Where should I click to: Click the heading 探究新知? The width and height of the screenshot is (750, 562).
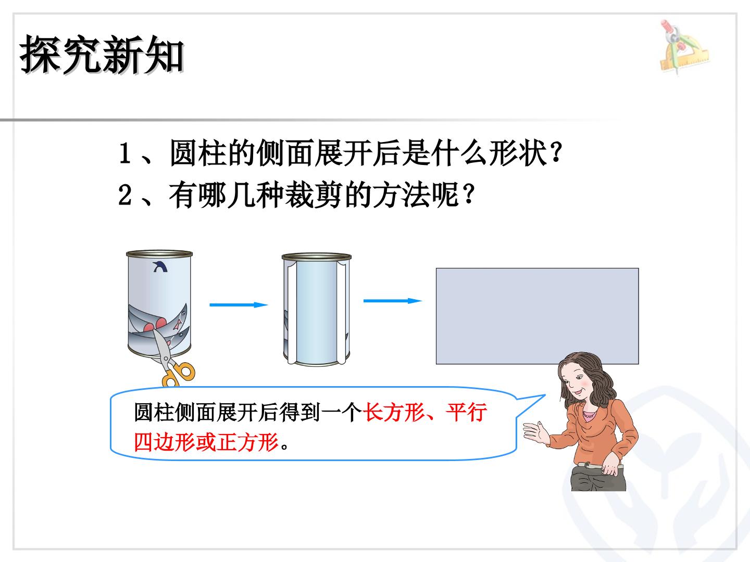pyautogui.click(x=102, y=55)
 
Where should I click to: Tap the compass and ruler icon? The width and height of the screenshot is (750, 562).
pyautogui.click(x=684, y=47)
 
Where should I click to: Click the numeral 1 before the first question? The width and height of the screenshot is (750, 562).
pyautogui.click(x=124, y=153)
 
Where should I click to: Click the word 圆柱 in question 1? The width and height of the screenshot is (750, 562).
pyautogui.click(x=198, y=153)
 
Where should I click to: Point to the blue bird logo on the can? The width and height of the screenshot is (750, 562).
pyautogui.click(x=160, y=266)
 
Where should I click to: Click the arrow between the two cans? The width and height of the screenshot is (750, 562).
pyautogui.click(x=239, y=305)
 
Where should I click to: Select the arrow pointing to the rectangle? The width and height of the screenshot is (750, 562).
pyautogui.click(x=393, y=301)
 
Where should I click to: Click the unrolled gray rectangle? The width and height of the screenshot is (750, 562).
pyautogui.click(x=537, y=316)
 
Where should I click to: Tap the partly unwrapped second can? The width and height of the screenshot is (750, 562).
pyautogui.click(x=316, y=310)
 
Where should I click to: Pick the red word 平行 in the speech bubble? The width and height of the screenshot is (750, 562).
pyautogui.click(x=466, y=413)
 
